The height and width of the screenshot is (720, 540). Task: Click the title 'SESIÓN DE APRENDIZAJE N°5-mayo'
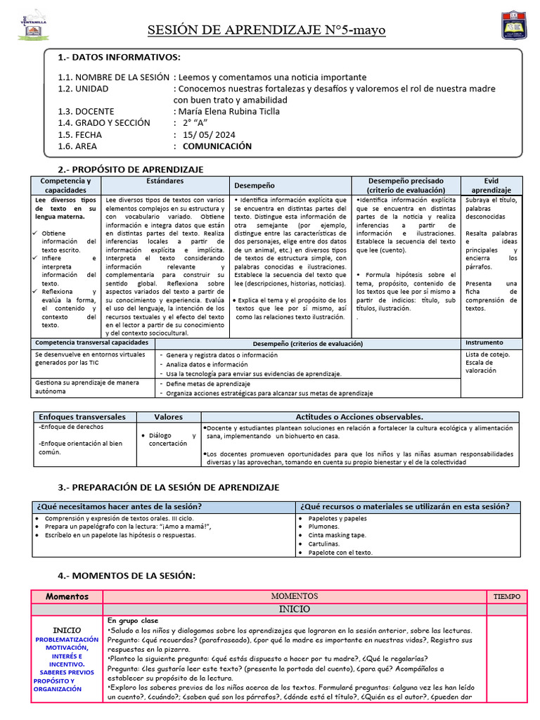266,30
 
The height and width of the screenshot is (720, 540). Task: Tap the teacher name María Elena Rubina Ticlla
229,111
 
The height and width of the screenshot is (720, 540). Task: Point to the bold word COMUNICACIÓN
217,146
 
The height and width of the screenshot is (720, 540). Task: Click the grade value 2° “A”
196,123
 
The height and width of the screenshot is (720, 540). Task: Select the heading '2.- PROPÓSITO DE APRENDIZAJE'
130,169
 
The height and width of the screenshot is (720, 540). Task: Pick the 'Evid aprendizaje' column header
491,186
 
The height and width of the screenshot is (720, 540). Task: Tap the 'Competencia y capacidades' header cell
65,186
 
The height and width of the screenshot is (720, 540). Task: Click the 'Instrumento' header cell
484,342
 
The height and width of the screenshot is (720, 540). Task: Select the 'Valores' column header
168,417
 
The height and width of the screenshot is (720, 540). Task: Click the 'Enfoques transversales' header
82,417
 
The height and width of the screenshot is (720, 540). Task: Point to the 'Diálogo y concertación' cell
168,439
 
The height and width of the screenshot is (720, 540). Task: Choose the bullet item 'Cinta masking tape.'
337,534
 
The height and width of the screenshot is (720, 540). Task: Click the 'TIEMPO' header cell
506,596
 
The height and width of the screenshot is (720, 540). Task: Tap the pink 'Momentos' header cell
67,596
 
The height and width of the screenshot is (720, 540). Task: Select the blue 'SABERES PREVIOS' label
67,672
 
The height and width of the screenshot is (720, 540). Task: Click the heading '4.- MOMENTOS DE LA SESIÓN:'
126,576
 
